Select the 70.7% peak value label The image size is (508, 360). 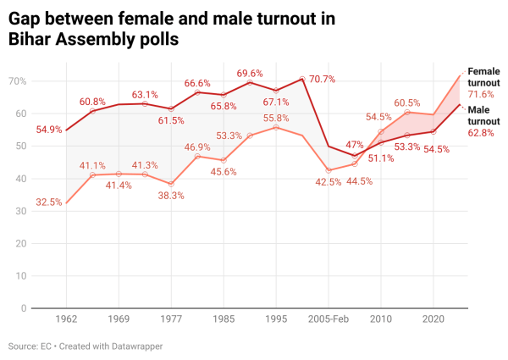(x=322, y=79)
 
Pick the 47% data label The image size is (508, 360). (x=355, y=145)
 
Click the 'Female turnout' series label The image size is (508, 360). (x=483, y=77)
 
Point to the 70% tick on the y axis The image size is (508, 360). (x=18, y=81)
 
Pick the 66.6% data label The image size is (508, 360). (x=197, y=83)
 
